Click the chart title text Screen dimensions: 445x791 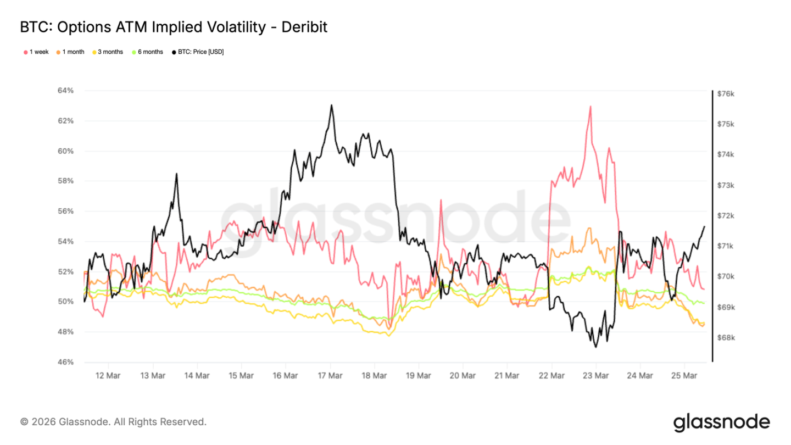[174, 27]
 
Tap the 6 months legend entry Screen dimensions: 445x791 [147, 52]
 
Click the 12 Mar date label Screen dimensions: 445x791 [108, 376]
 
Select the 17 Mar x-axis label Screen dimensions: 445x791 [330, 376]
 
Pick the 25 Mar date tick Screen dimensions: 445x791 [685, 376]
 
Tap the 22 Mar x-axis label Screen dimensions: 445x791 [552, 376]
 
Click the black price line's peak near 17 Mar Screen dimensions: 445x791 [331, 105]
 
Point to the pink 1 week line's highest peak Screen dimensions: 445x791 [590, 106]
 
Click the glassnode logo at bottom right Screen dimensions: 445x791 [721, 422]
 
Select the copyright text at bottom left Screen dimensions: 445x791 [113, 422]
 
